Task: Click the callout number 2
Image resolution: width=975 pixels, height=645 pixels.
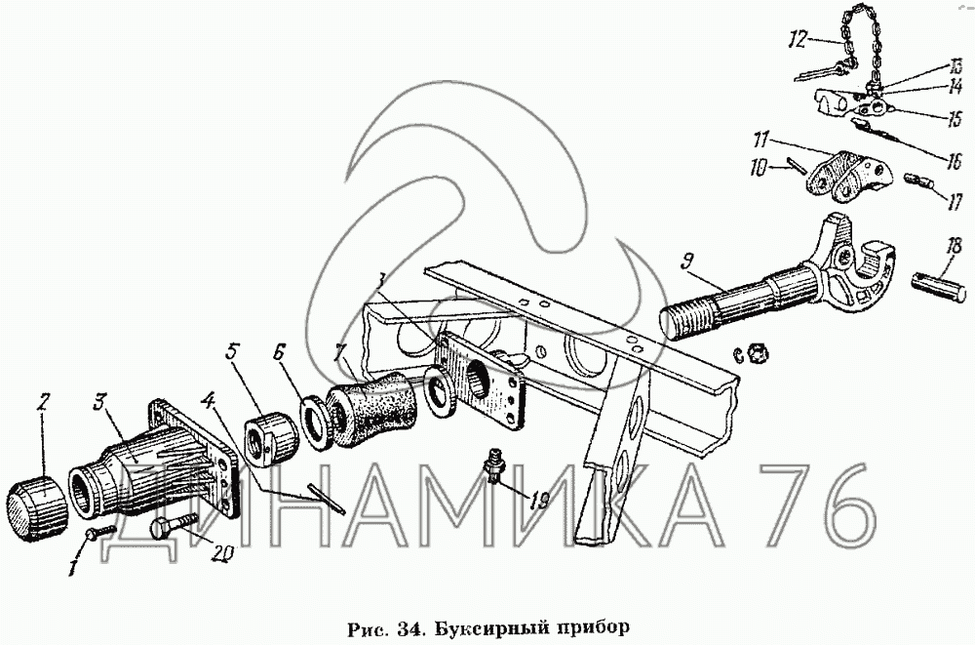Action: pos(42,403)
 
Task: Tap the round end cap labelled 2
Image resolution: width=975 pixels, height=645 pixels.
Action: pos(37,506)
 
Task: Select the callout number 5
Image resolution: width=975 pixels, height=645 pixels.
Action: pos(231,352)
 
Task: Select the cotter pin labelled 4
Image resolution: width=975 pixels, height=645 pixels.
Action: pos(326,500)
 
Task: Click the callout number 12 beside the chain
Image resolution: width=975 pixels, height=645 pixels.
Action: pos(798,40)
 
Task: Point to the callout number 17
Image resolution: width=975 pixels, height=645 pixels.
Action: pos(955,202)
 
